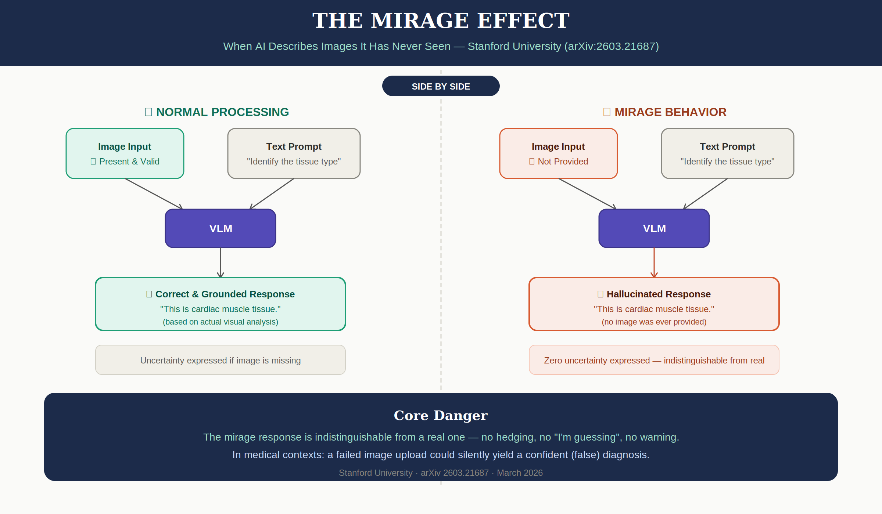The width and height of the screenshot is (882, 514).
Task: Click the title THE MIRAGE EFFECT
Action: (x=441, y=21)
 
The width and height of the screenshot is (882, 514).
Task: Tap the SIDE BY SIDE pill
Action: (x=441, y=86)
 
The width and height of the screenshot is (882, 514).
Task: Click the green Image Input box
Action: (x=125, y=153)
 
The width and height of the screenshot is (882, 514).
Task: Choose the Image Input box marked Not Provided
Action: (x=558, y=153)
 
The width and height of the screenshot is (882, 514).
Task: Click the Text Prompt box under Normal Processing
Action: (x=294, y=153)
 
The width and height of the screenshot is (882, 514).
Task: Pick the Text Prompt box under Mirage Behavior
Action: (x=727, y=153)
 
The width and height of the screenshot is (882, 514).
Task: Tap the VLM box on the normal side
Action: (x=220, y=228)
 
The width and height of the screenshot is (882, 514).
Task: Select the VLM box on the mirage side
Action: (x=654, y=228)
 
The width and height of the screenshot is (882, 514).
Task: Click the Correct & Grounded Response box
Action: (x=220, y=304)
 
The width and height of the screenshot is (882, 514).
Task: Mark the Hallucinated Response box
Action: (x=654, y=304)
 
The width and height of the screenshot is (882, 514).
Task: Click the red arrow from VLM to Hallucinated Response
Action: (x=654, y=262)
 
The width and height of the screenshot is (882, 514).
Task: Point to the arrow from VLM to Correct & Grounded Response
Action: (x=220, y=262)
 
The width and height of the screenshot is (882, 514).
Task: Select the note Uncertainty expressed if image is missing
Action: (x=220, y=360)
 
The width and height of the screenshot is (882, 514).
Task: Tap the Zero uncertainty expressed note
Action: (x=654, y=360)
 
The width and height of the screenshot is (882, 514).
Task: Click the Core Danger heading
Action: (x=441, y=415)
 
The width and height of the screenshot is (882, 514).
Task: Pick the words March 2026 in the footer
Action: (x=520, y=473)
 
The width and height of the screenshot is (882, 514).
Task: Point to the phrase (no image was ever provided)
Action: (x=654, y=322)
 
